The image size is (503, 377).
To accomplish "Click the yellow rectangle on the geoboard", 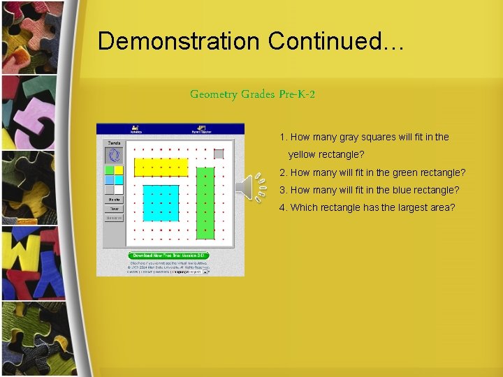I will (x=161, y=168).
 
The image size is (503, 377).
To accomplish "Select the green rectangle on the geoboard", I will (x=205, y=203).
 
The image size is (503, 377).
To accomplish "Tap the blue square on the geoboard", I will (x=161, y=203).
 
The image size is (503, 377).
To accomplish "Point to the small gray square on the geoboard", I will (x=218, y=154).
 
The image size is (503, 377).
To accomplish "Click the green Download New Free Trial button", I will (x=168, y=256).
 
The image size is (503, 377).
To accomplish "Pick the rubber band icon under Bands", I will (x=114, y=155).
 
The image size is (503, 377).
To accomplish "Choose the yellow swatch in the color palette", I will (x=119, y=170).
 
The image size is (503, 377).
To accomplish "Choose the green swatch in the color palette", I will (x=110, y=170).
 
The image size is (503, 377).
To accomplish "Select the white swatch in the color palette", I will (x=119, y=189).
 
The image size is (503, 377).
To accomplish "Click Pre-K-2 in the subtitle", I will (x=296, y=94).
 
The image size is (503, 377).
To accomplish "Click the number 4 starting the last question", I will (x=282, y=207).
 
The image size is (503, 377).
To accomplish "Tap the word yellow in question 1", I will (x=302, y=154).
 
